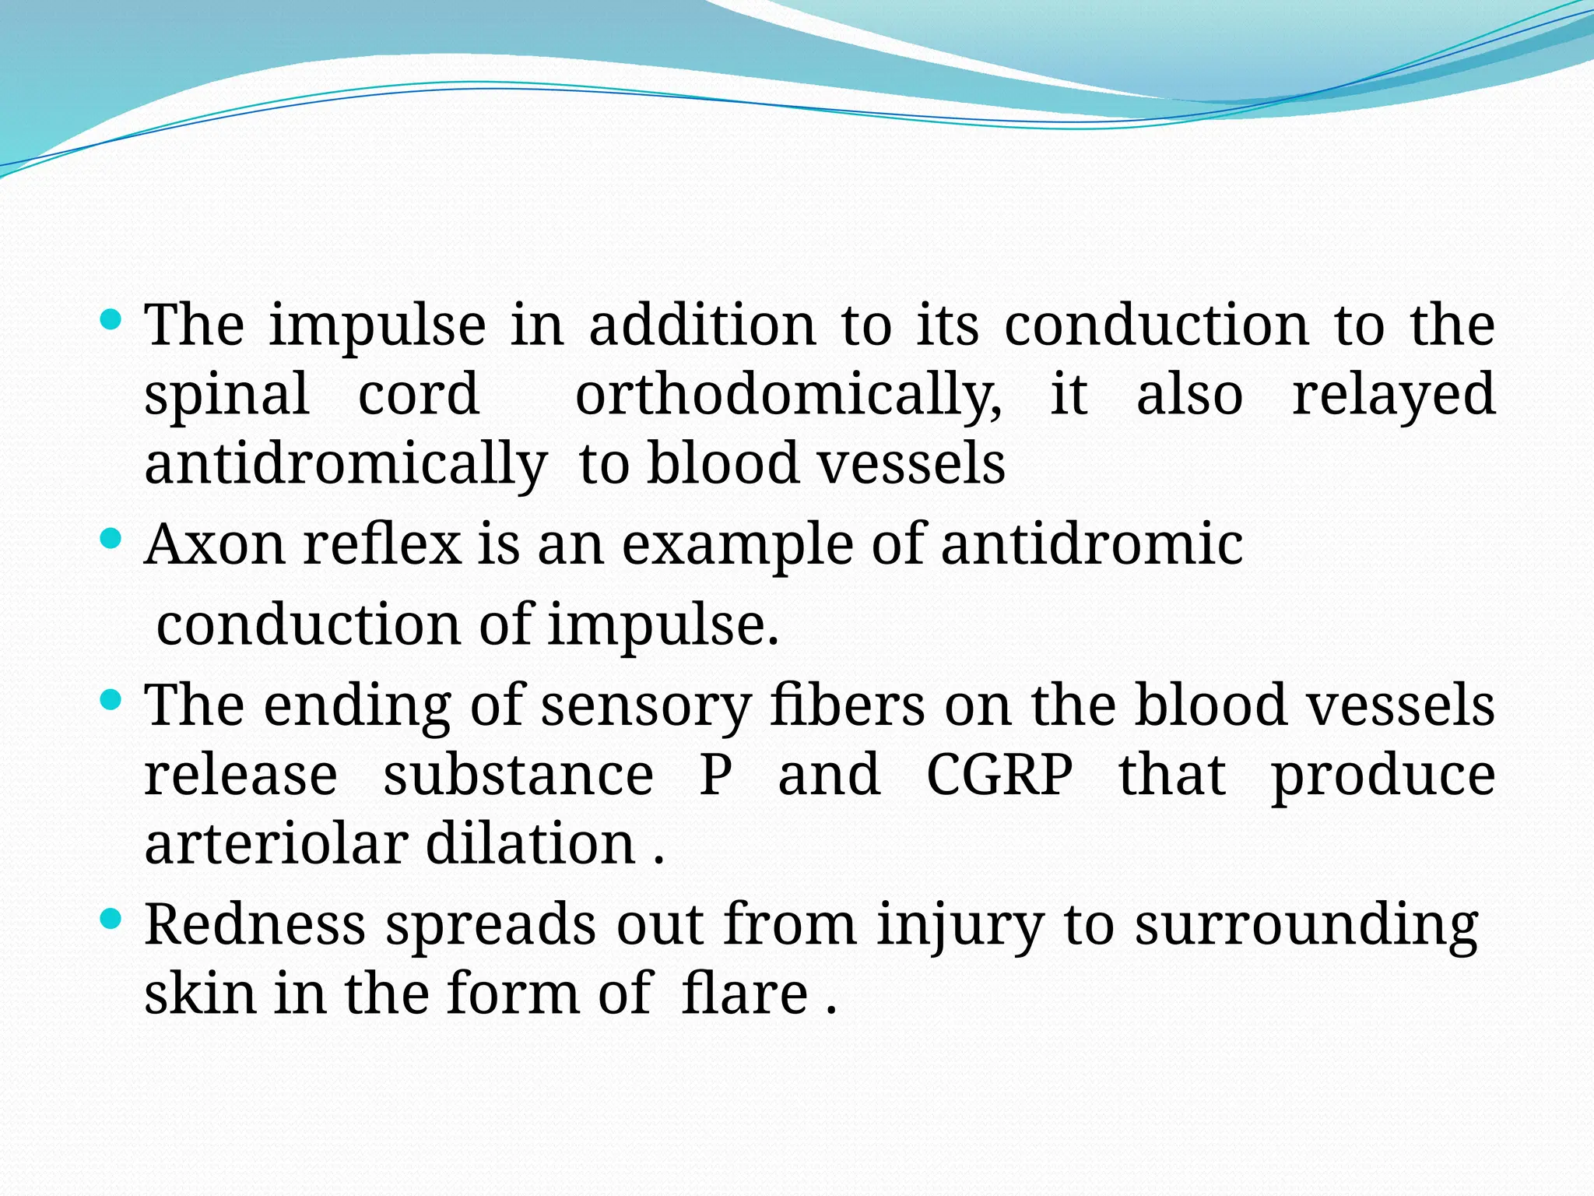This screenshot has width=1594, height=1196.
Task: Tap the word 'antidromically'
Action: pos(346,465)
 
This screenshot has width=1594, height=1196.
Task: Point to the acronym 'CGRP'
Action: pos(999,775)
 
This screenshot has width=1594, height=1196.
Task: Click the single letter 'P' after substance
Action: pos(715,775)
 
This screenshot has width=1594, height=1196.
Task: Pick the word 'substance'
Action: pos(518,775)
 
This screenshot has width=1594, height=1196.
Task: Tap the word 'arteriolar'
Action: pos(276,844)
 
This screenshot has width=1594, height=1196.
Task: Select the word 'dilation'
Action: pos(531,844)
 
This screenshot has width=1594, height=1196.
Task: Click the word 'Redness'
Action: pos(255,924)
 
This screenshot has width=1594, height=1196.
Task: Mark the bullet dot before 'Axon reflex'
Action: pos(112,538)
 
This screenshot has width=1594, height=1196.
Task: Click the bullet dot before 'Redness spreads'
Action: pos(112,920)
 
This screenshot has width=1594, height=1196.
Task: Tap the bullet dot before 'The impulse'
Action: pos(112,319)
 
